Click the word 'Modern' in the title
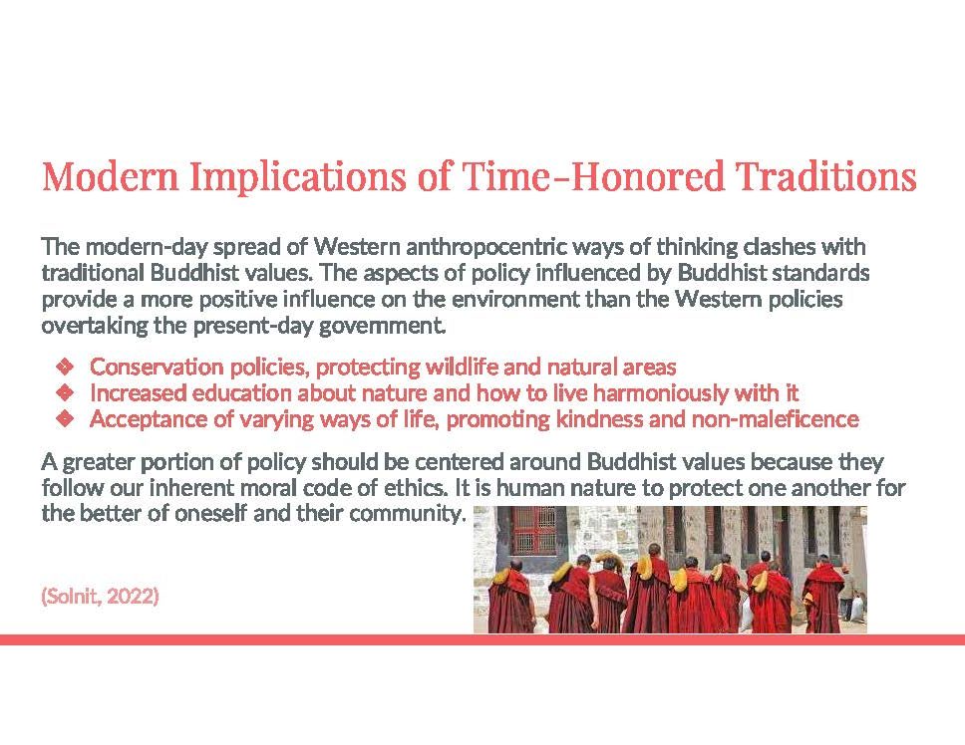[111, 176]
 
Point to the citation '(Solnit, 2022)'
[100, 596]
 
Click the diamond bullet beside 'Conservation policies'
[65, 367]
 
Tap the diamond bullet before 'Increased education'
[65, 392]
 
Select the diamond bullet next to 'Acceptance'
[65, 419]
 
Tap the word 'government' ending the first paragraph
[381, 326]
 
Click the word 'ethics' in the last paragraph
[414, 488]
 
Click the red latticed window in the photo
[534, 530]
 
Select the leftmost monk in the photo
[510, 597]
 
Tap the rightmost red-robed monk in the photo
[822, 594]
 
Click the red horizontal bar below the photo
[482, 639]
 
